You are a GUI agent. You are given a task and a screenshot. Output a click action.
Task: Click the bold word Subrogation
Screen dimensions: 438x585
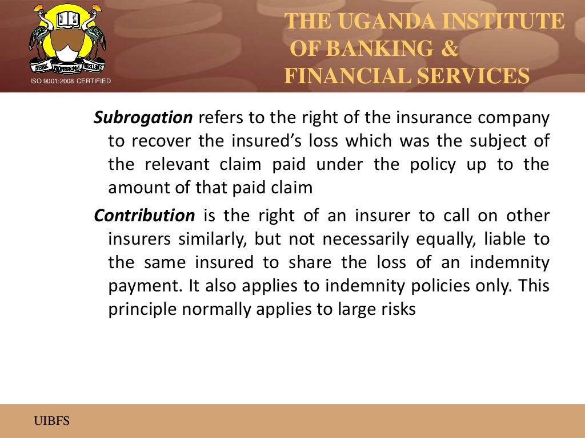(143, 118)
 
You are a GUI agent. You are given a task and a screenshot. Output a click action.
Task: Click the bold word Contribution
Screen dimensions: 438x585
(144, 216)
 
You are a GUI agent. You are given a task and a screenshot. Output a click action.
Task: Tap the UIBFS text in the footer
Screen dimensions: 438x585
(51, 421)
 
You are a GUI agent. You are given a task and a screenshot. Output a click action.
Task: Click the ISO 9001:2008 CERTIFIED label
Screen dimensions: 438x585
(70, 82)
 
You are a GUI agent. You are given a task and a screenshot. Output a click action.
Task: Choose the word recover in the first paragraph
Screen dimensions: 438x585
(164, 141)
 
